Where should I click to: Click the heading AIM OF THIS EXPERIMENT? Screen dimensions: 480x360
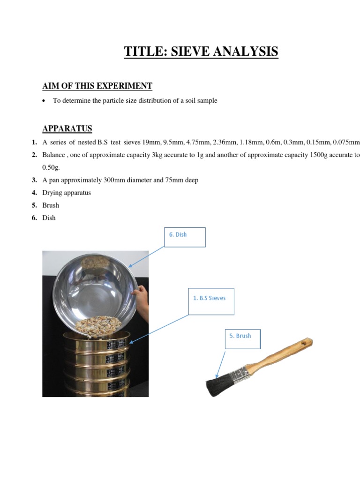pos(97,86)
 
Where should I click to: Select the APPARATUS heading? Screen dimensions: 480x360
pos(67,128)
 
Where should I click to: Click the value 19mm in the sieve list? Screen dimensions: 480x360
pos(150,142)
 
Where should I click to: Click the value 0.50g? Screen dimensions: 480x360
pos(51,167)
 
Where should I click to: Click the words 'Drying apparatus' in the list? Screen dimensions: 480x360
pos(67,193)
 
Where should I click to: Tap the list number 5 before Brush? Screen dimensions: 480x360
pos(34,205)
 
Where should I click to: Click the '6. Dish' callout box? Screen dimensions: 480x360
pos(185,237)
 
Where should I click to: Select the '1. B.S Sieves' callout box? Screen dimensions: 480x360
pos(211,301)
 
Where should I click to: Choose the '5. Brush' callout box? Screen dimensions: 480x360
pos(242,339)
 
